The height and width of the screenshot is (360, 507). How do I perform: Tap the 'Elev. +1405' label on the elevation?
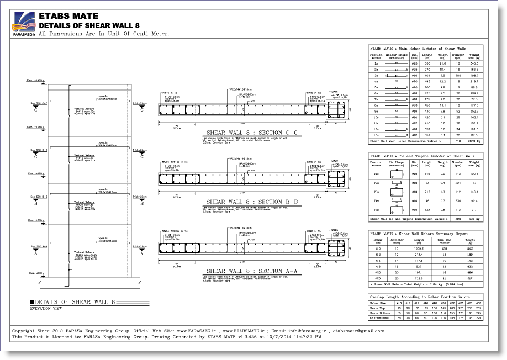(34, 81)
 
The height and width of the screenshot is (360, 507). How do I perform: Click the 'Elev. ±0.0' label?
(34, 273)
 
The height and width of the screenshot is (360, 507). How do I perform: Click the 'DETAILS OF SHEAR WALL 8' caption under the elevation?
(75, 302)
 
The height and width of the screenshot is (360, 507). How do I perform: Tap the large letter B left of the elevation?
(36, 203)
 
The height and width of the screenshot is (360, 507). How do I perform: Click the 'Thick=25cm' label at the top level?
(140, 103)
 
